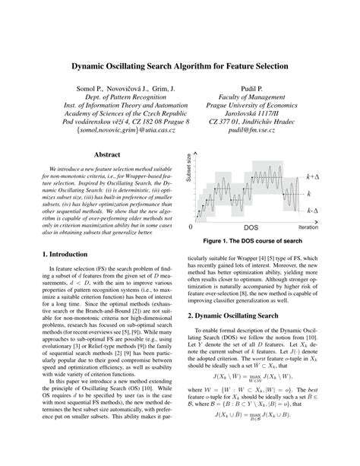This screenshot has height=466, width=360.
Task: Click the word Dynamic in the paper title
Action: (x=95, y=67)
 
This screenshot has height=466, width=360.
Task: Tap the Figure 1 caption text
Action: (x=257, y=243)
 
